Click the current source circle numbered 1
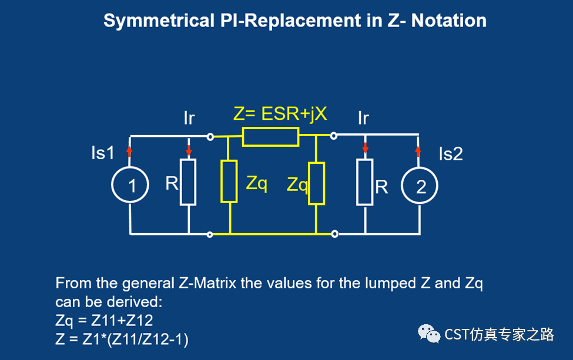coord(130,186)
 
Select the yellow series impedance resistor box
coord(270,137)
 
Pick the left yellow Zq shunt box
coord(229,181)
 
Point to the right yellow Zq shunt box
coord(316,183)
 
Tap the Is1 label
coord(103,153)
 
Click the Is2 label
coord(451,154)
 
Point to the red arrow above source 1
coord(130,150)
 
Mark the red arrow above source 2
coord(418,150)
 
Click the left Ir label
coord(189,118)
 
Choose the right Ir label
coord(363,118)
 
